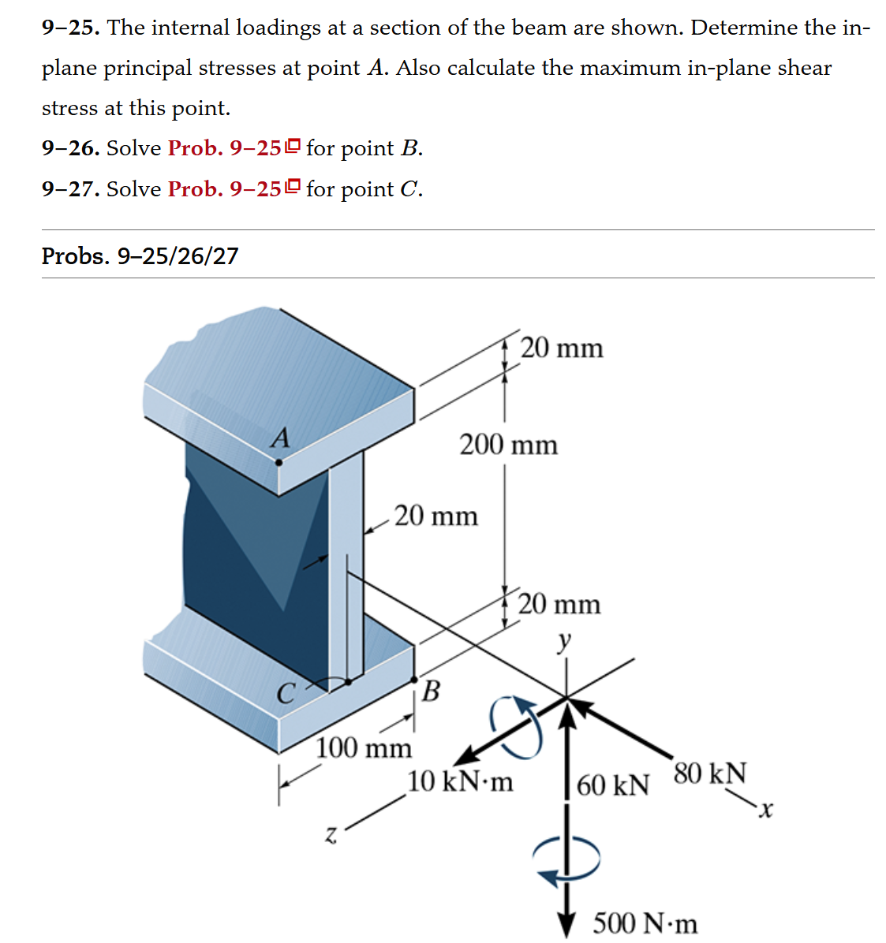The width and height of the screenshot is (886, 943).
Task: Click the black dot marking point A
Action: (279, 463)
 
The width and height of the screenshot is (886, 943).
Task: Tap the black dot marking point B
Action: (415, 678)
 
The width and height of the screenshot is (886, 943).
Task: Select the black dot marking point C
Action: (348, 682)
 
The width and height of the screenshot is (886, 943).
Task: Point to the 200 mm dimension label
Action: (508, 445)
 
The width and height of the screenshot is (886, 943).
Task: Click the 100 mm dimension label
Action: (364, 747)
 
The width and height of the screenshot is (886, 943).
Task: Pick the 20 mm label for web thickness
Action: (436, 516)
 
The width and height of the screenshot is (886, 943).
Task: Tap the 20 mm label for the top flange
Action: (562, 347)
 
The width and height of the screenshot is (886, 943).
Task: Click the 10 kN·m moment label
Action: (460, 781)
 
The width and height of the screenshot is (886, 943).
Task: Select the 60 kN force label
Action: (613, 785)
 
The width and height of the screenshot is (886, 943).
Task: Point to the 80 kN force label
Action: (709, 773)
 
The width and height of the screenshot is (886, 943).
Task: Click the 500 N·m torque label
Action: (645, 922)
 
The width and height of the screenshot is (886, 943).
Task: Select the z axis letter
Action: (332, 835)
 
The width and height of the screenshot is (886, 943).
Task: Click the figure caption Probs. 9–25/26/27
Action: (140, 255)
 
